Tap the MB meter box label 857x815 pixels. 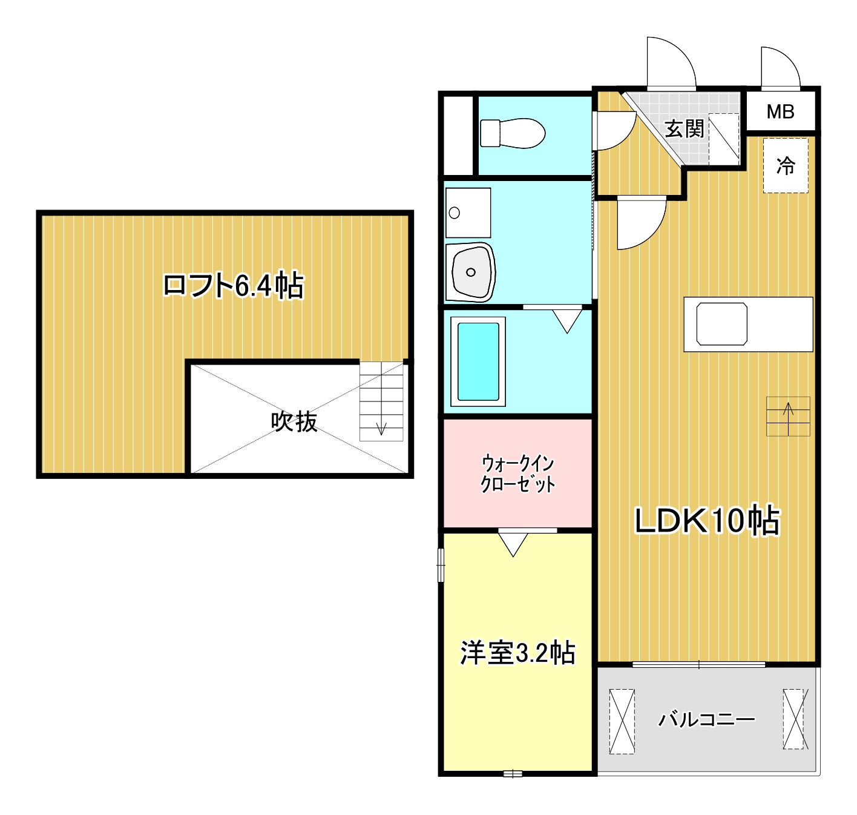coord(780,111)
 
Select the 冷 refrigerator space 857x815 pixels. coord(786,165)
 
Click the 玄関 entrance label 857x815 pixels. coord(685,128)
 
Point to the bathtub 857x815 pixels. coord(478,361)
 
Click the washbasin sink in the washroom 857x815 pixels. coord(470,272)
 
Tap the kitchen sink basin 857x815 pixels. coord(721,324)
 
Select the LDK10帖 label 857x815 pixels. coord(707,520)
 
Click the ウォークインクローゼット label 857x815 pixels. coord(517,473)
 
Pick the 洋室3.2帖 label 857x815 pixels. coord(517,653)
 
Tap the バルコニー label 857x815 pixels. coord(706,719)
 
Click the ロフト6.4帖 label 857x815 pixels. coord(233,285)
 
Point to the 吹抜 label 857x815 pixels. coord(294,421)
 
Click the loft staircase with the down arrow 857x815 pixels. coord(381,401)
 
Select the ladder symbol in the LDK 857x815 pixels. coord(788,416)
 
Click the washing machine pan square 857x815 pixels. coord(468,213)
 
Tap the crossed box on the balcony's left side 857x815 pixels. coord(622,721)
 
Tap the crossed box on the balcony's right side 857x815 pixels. coord(795,719)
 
